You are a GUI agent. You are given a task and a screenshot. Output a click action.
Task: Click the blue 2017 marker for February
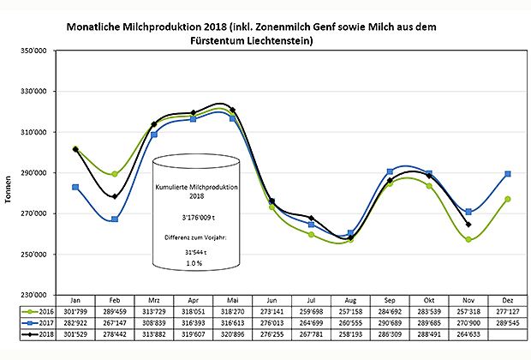pyautogui.click(x=115, y=219)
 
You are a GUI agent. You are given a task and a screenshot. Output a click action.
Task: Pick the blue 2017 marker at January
pyautogui.click(x=75, y=187)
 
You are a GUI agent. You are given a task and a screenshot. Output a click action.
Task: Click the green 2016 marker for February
pyautogui.click(x=115, y=174)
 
